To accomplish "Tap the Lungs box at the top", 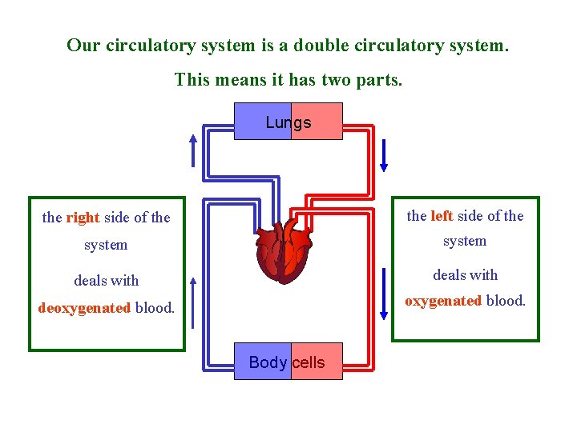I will pyautogui.click(x=288, y=122).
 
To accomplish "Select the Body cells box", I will pyautogui.click(x=288, y=362).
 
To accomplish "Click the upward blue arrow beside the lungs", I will pyautogui.click(x=192, y=150).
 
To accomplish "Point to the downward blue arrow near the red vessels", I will pyautogui.click(x=384, y=155).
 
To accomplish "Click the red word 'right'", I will pyautogui.click(x=83, y=218).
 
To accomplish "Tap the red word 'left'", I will pyautogui.click(x=442, y=216).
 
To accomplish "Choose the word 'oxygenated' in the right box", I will pyautogui.click(x=443, y=301).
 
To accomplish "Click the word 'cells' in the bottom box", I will pyautogui.click(x=309, y=362).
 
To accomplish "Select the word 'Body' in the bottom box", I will pyautogui.click(x=268, y=362).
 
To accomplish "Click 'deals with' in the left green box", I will pyautogui.click(x=106, y=281).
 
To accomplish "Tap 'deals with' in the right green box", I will pyautogui.click(x=465, y=275).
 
